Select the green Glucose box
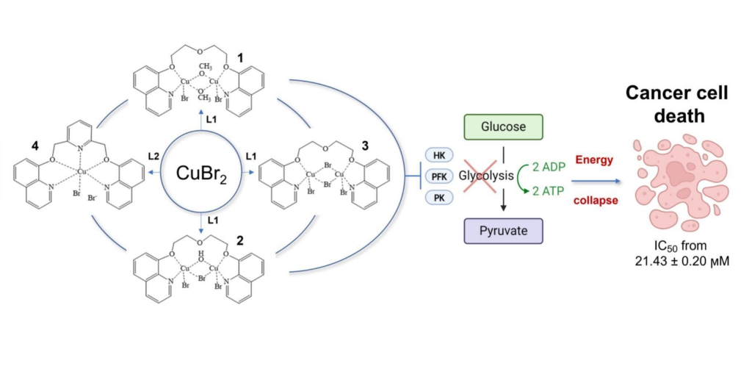(x=503, y=127)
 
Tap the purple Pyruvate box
(x=503, y=231)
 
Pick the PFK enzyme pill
(x=439, y=176)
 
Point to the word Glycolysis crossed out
(x=486, y=176)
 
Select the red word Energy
(x=594, y=160)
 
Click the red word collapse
(x=596, y=201)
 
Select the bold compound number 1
(x=241, y=57)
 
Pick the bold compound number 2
(x=241, y=240)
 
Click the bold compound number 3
(x=365, y=146)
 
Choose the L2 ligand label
(x=153, y=156)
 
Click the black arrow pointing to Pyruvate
(x=503, y=199)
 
